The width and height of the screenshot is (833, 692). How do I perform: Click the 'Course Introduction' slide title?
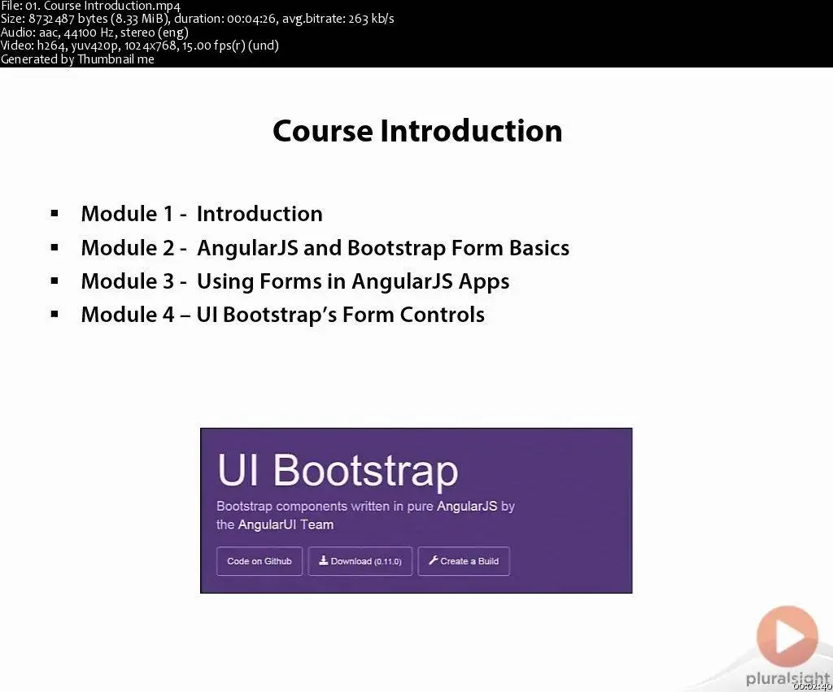(x=417, y=131)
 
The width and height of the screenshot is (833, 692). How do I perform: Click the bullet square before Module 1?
(x=55, y=214)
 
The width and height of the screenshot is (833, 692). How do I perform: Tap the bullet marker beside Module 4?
(x=55, y=314)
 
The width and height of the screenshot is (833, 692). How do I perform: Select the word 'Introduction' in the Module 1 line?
(x=259, y=214)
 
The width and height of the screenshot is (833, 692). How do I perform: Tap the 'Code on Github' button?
(x=259, y=561)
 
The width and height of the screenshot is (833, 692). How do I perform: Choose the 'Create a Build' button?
(x=464, y=561)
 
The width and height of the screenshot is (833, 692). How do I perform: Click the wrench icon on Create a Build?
(x=433, y=560)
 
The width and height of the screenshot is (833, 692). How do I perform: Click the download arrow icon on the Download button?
(x=323, y=560)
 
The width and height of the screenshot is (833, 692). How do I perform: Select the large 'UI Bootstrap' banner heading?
(x=338, y=470)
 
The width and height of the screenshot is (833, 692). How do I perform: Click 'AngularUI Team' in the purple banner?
(x=286, y=524)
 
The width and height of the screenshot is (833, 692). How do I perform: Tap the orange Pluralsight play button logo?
(x=787, y=636)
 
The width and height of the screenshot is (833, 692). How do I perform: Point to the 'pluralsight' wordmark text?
(x=787, y=679)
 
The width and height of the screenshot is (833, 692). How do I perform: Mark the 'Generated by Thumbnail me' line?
(x=77, y=59)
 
